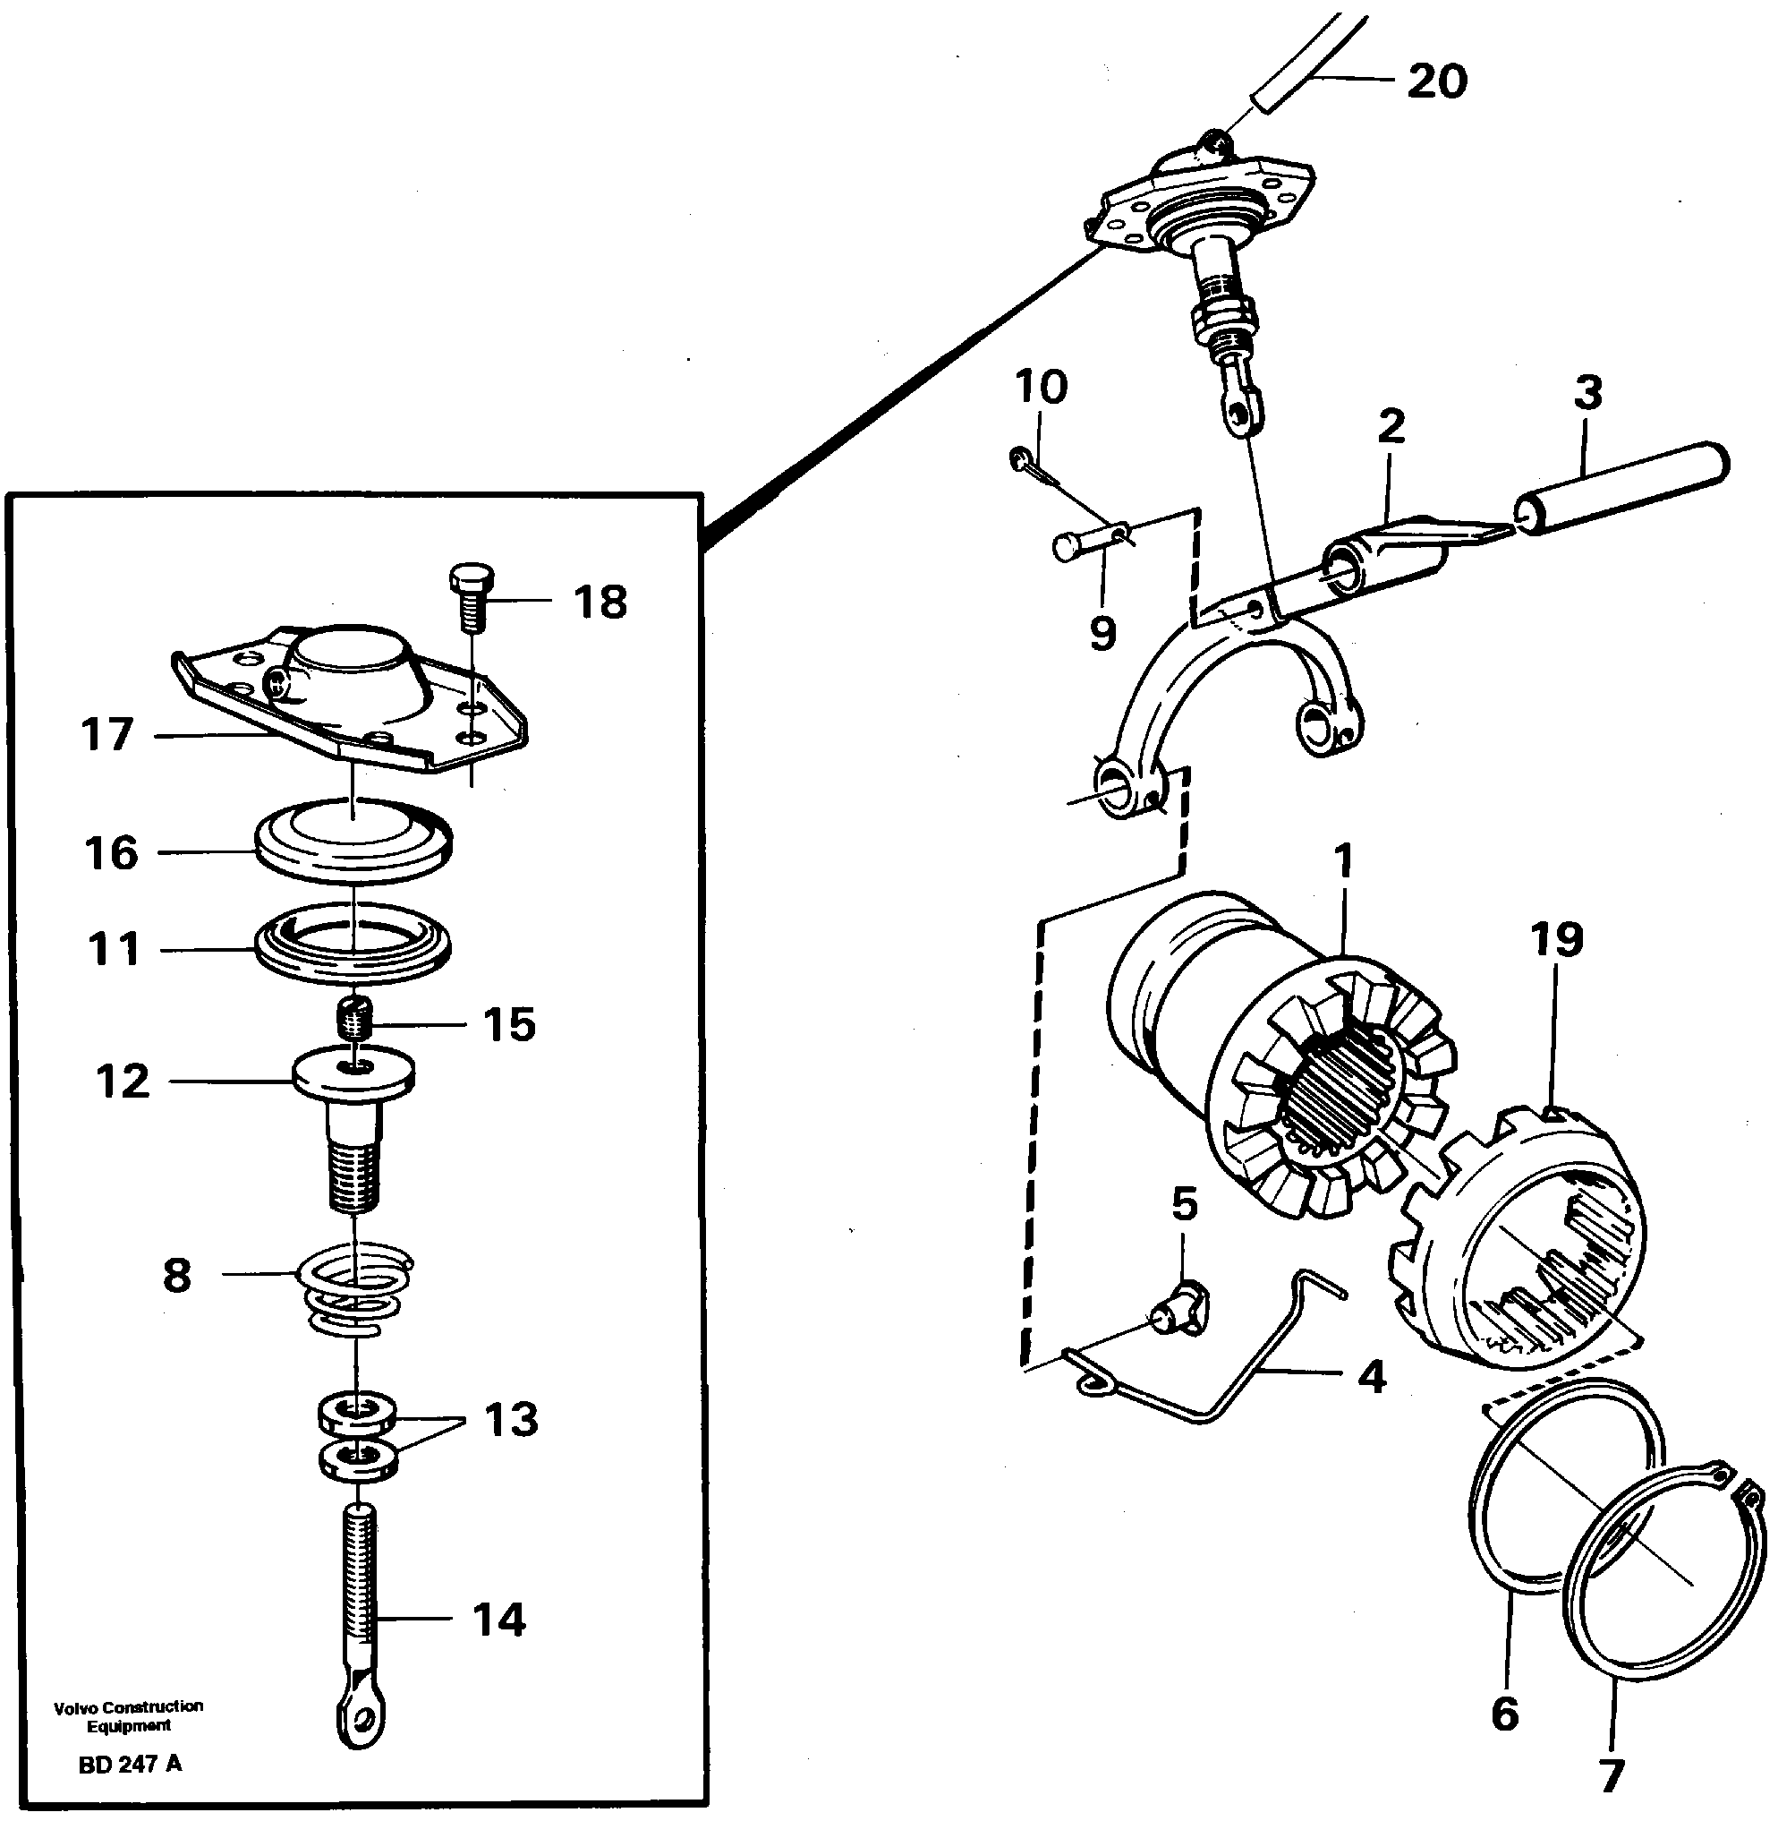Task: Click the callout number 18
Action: [x=600, y=602]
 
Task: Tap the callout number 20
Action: [x=1436, y=82]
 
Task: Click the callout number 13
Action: [x=511, y=1419]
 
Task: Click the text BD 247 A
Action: [x=130, y=1764]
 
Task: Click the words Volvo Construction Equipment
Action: [x=128, y=1715]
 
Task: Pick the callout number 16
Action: [x=111, y=853]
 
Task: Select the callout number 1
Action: [x=1343, y=859]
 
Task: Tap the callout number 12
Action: [x=123, y=1082]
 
